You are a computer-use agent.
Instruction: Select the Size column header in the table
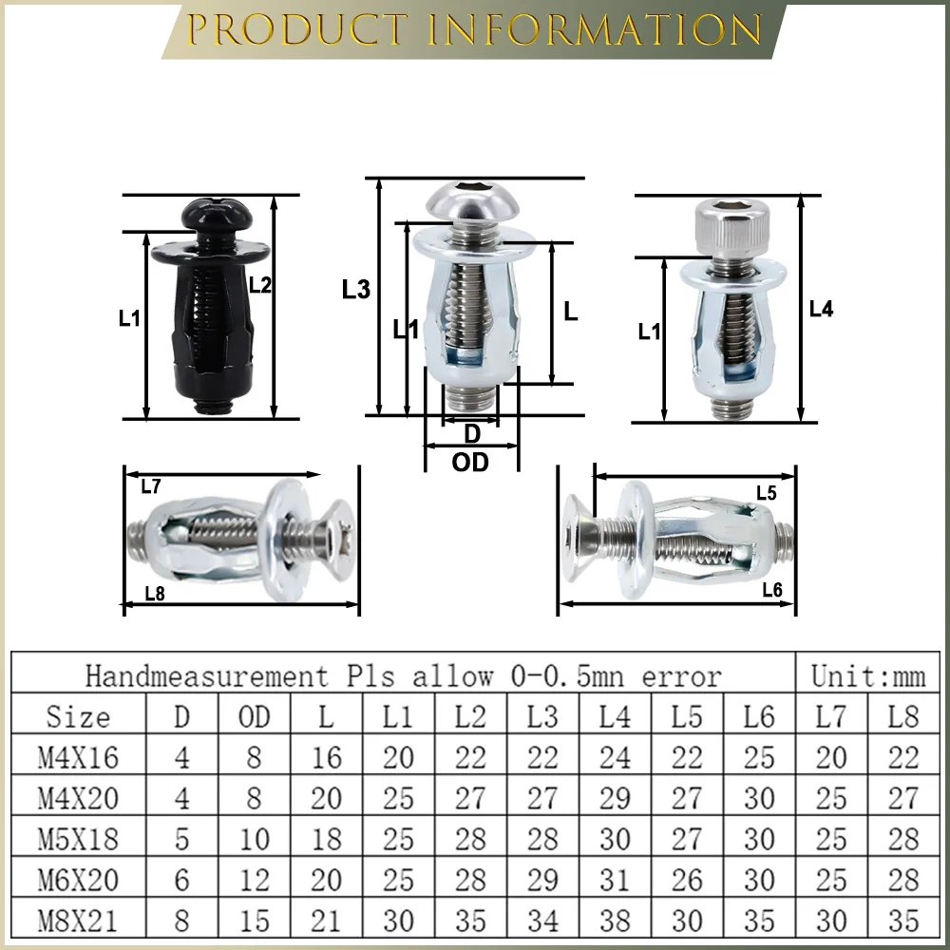[78, 716]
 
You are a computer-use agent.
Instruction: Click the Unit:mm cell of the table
[867, 675]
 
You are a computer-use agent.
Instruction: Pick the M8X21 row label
[78, 921]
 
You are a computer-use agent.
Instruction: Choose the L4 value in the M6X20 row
[615, 880]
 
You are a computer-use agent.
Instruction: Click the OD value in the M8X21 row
[254, 921]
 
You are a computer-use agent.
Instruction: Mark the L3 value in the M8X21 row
[542, 921]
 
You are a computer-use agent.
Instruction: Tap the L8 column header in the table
[903, 716]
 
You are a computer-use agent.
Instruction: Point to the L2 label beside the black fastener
[260, 284]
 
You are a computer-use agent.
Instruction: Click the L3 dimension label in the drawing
[355, 290]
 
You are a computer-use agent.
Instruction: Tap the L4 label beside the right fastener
[821, 309]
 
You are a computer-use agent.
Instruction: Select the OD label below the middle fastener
[470, 463]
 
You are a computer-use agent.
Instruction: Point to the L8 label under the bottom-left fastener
[155, 594]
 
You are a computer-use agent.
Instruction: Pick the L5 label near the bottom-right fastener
[767, 492]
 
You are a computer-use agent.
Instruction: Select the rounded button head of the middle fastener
[460, 201]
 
